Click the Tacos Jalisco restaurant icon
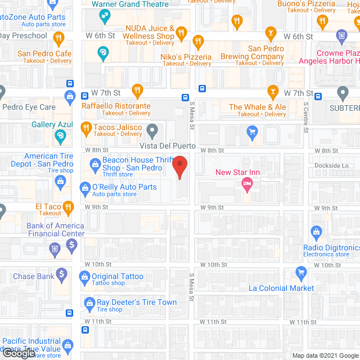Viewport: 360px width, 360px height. click(86, 128)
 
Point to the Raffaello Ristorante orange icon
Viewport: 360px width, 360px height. click(137, 91)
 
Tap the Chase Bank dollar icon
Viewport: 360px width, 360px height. click(62, 275)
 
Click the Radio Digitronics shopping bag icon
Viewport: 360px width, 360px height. click(316, 231)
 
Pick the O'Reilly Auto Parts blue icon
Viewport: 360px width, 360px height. click(85, 187)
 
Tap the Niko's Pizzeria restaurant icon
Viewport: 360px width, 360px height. click(197, 42)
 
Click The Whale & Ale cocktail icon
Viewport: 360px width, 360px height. click(273, 91)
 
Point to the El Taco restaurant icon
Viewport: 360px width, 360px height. click(68, 207)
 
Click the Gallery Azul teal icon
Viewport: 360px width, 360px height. click(60, 136)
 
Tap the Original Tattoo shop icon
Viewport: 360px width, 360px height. click(85, 276)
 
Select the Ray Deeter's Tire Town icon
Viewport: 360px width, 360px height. click(88, 303)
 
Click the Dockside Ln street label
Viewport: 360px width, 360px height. click(331, 165)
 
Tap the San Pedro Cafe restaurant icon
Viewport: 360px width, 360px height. click(59, 39)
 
